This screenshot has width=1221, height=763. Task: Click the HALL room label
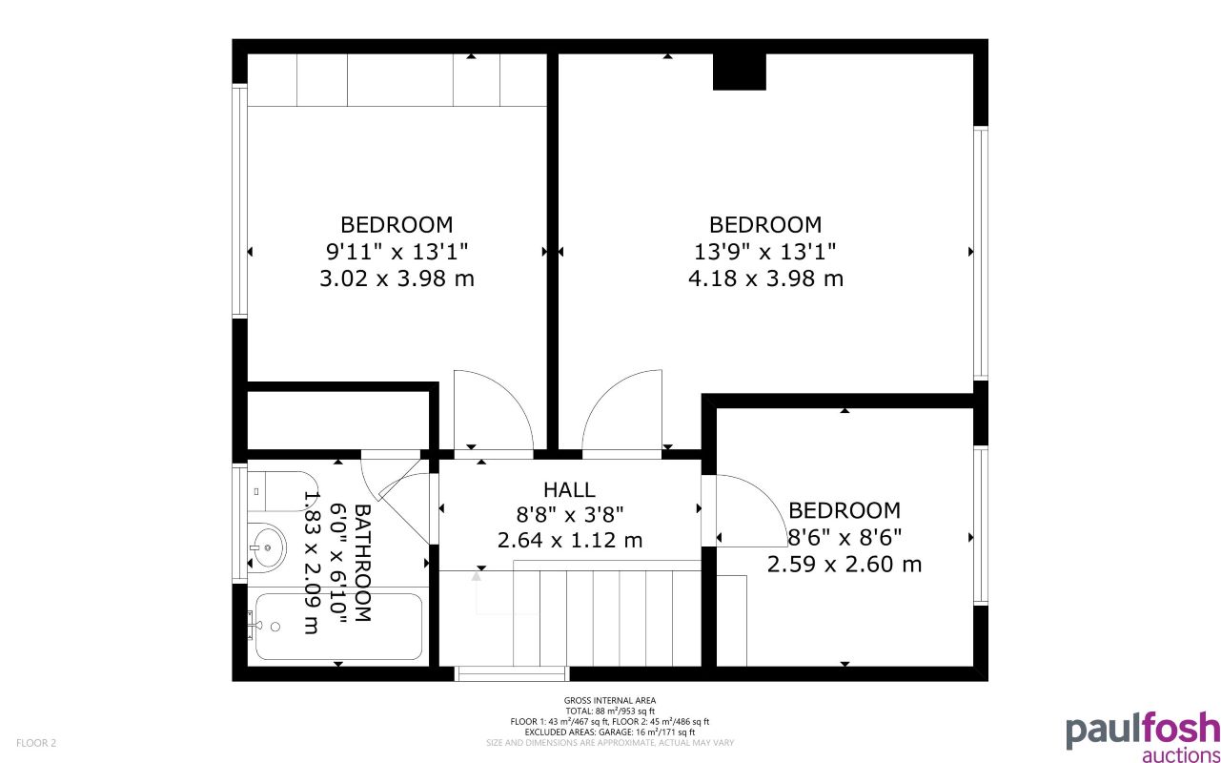point(569,489)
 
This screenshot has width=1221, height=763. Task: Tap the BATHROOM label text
point(363,563)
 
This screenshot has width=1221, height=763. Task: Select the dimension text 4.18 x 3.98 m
point(764,278)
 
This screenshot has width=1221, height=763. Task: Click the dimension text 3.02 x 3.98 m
point(397,278)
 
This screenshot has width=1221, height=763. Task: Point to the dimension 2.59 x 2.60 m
point(844,564)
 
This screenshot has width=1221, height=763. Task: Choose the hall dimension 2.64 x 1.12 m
point(569,540)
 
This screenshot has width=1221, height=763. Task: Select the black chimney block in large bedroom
point(740,72)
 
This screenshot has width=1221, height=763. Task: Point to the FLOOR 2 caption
point(36,742)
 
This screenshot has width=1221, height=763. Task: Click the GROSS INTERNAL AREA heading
point(610,701)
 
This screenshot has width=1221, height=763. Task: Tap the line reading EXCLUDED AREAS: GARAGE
point(610,732)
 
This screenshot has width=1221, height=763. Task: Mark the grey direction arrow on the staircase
point(476,577)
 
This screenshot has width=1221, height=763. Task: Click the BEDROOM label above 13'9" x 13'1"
point(764,225)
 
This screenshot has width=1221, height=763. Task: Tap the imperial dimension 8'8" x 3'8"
point(569,514)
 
